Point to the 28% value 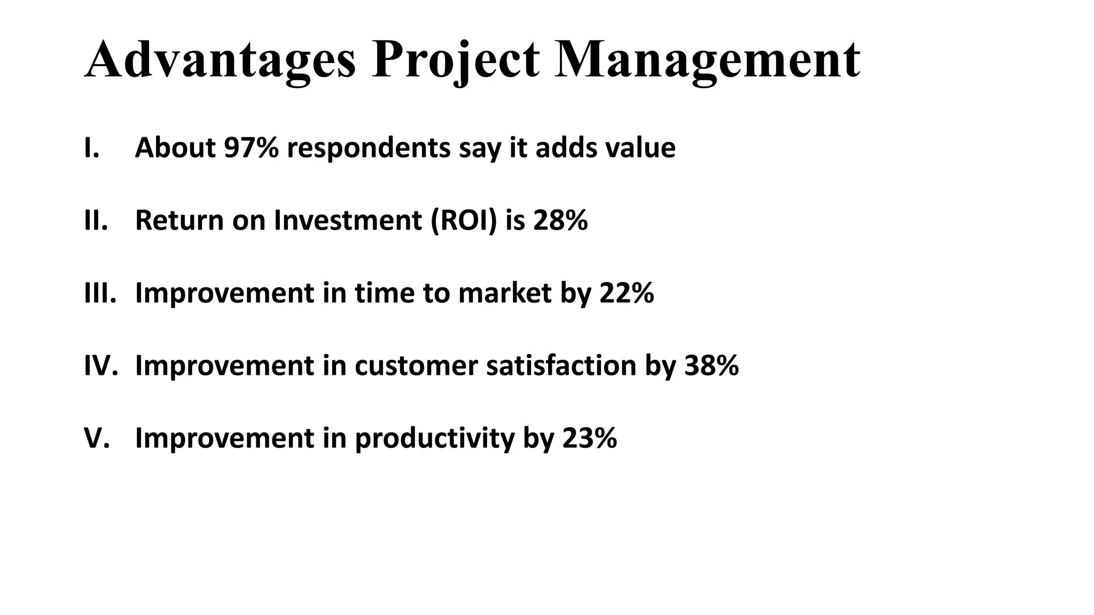point(560,220)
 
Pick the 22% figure point(627,293)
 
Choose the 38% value point(712,366)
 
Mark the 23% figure point(590,438)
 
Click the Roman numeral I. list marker point(91,148)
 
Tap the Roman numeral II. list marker point(96,220)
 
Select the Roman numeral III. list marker point(100,293)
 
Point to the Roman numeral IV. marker point(100,366)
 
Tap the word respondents point(369,148)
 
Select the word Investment point(348,220)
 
